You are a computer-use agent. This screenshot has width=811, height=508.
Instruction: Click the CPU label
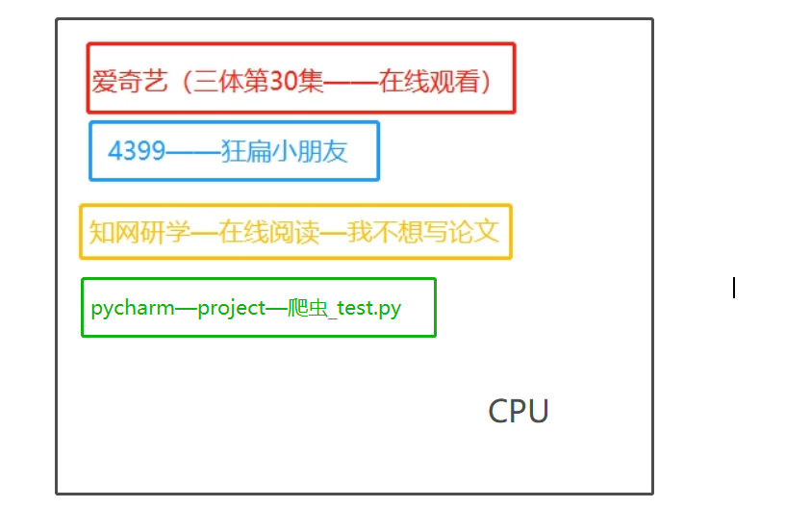[x=519, y=411]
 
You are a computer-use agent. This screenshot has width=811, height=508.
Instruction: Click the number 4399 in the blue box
[x=137, y=151]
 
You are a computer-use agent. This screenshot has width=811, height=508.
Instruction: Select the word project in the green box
[x=231, y=309]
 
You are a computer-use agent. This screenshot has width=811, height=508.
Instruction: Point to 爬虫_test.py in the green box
[x=344, y=309]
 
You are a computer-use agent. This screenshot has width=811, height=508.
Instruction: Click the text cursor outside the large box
[x=734, y=287]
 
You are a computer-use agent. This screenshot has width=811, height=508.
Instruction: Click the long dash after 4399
[x=192, y=151]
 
